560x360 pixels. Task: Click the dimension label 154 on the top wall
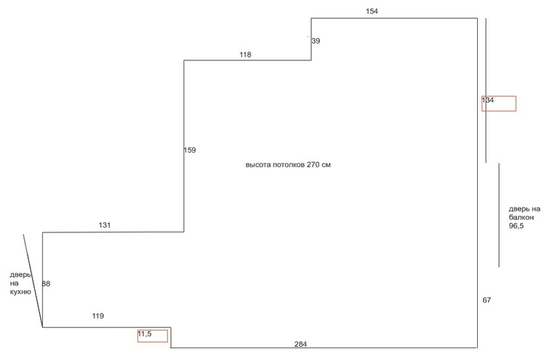tap(372, 11)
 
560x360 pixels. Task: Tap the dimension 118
tap(245, 55)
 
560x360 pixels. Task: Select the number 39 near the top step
tap(316, 41)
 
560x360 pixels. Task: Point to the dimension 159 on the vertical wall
tap(190, 151)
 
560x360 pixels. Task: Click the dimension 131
tap(105, 225)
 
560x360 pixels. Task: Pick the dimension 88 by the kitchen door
tap(47, 284)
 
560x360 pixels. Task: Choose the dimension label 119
tap(98, 316)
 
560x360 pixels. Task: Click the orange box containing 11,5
tap(153, 335)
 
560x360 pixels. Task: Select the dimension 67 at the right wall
tap(487, 300)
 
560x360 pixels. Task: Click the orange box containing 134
tap(499, 103)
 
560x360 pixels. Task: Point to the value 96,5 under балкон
tap(516, 226)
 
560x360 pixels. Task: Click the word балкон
tap(521, 217)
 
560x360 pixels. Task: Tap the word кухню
tap(20, 292)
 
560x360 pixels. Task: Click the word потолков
tap(289, 165)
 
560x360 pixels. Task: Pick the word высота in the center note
tap(258, 165)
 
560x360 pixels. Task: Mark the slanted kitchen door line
tap(32, 280)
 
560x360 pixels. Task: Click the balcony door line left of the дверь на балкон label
tap(499, 215)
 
